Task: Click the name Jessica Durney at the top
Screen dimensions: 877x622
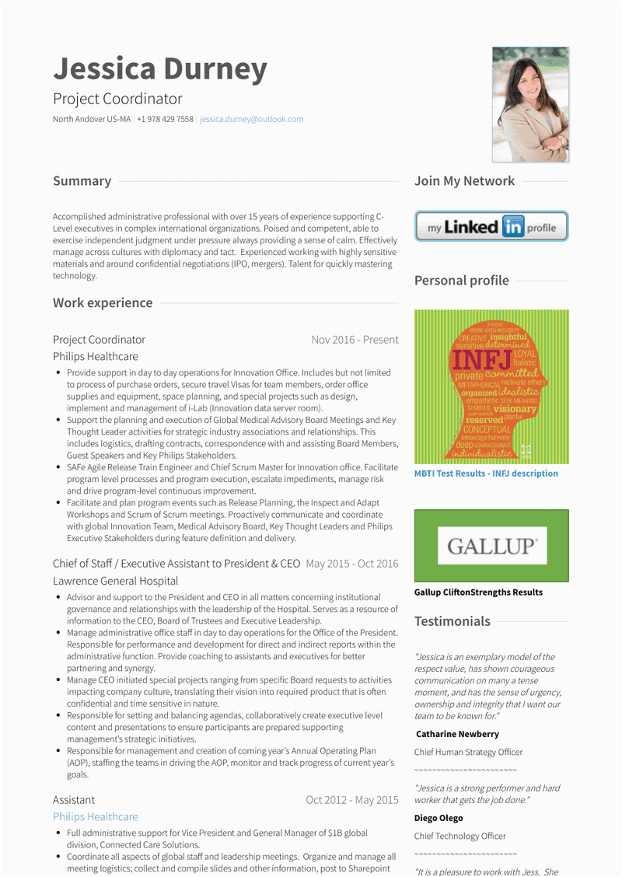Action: pos(160,69)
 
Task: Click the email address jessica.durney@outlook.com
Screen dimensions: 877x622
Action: pos(252,120)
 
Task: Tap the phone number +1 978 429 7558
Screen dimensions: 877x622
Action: pos(165,120)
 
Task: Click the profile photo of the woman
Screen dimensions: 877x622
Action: pos(530,104)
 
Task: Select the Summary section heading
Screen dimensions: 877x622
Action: pos(82,181)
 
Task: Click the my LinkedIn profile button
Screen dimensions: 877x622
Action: pos(491,227)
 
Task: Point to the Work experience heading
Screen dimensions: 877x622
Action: pos(103,303)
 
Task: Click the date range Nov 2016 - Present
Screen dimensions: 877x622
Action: pos(355,340)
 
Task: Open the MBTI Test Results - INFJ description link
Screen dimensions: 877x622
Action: pos(486,473)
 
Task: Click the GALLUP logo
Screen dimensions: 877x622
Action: pos(491,546)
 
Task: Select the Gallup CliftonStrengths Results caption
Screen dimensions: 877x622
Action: pos(478,592)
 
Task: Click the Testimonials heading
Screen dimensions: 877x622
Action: pos(453,621)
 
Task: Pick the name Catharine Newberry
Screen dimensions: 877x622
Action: pos(457,734)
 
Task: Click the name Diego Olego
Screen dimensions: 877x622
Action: pos(439,818)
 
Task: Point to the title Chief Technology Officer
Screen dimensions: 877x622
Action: pos(460,837)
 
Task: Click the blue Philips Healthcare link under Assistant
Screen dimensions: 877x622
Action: pos(96,817)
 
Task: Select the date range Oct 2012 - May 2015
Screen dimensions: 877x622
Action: pos(351,800)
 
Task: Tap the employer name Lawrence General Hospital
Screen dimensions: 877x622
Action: pos(116,582)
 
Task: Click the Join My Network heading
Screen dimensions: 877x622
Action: pos(464,181)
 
